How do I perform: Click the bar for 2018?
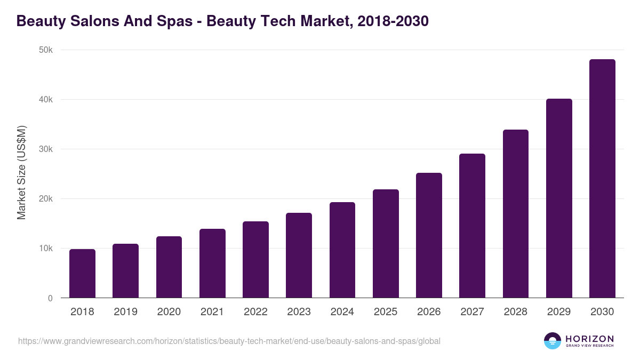[82, 274]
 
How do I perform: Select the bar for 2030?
[602, 179]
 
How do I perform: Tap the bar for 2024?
[342, 250]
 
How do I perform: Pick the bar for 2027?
[472, 226]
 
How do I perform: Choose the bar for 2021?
[212, 263]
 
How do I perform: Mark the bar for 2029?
[559, 198]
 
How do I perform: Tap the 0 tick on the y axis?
[50, 298]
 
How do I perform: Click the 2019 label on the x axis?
[125, 312]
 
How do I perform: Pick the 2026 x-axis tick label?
[429, 312]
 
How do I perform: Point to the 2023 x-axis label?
[299, 312]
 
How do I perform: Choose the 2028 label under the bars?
[515, 312]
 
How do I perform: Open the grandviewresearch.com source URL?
[229, 341]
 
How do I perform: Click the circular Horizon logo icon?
[553, 341]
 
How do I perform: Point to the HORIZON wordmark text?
[589, 338]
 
